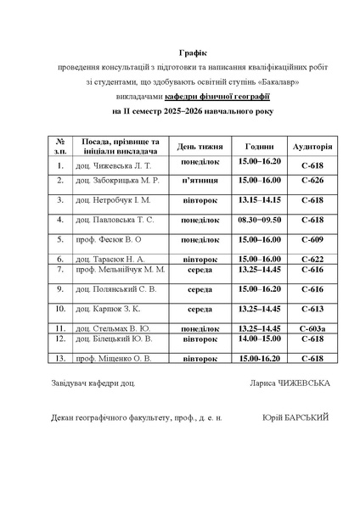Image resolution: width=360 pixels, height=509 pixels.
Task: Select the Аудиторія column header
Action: point(312,146)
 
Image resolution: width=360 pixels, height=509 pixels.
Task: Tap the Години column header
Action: point(259,146)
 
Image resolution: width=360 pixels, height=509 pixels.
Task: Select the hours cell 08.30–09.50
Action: point(259,220)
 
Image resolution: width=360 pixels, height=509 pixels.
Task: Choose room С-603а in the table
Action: point(312,328)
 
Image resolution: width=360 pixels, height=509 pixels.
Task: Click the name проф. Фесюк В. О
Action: point(108,240)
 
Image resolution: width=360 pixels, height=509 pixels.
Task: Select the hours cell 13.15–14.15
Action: point(259,200)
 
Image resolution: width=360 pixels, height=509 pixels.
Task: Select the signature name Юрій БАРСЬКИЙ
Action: point(295,417)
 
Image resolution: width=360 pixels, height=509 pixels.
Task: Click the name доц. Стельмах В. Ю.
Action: point(113,328)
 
